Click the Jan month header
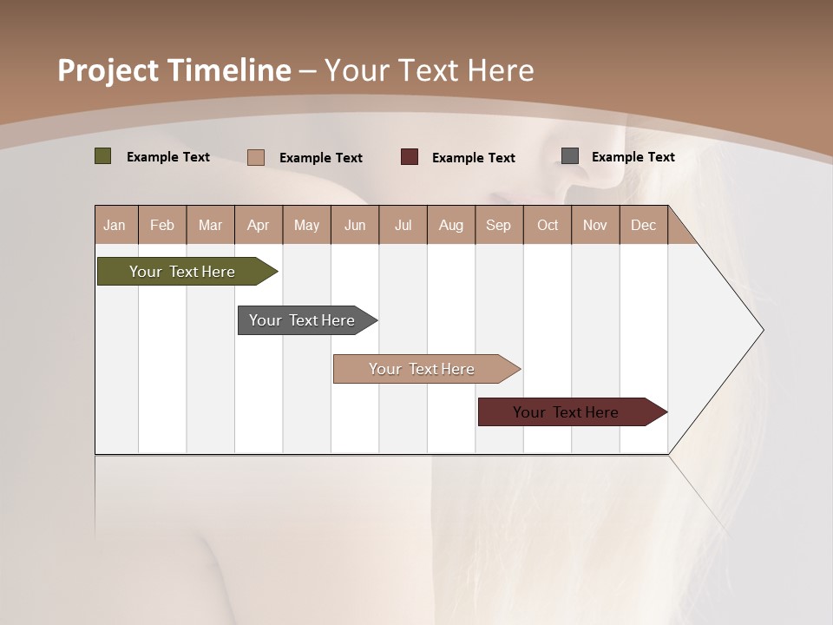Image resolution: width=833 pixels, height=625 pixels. (x=115, y=225)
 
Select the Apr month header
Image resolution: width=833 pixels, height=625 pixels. (x=259, y=225)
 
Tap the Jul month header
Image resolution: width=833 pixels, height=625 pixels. (x=403, y=225)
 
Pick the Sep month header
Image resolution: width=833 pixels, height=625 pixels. (x=498, y=225)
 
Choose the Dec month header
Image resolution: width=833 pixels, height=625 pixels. (x=643, y=225)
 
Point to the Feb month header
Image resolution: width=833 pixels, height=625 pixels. (x=162, y=225)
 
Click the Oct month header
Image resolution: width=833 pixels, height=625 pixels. (x=548, y=225)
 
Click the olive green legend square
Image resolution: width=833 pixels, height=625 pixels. (x=102, y=156)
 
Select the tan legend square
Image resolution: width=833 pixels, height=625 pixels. (x=256, y=157)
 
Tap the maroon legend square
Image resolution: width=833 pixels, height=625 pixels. (x=410, y=157)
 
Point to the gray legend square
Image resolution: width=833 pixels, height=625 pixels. (x=570, y=156)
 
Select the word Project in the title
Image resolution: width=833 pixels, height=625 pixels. (x=108, y=70)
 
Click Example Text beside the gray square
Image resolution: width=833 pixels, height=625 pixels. (x=633, y=157)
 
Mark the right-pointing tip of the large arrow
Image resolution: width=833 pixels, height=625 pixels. (x=762, y=330)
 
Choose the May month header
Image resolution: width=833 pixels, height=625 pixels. (x=306, y=225)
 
